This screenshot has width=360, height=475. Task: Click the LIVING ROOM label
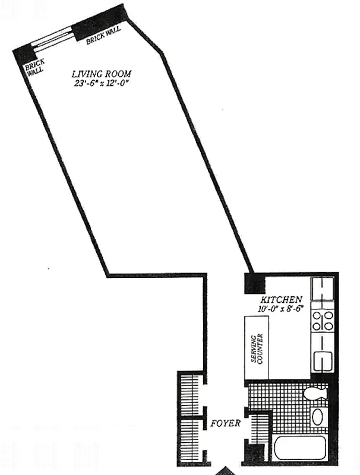tap(102, 74)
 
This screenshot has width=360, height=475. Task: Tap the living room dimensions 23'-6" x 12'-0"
tap(102, 83)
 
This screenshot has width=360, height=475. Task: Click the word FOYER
tap(226, 424)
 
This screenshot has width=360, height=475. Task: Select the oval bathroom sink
tap(318, 417)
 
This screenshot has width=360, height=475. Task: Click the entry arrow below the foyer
tap(225, 471)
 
